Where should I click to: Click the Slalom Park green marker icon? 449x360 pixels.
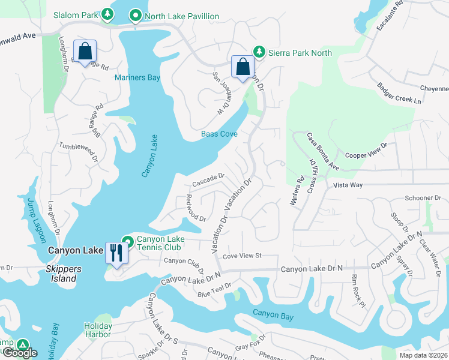pyautogui.click(x=107, y=14)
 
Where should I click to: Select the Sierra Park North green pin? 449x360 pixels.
pyautogui.click(x=259, y=52)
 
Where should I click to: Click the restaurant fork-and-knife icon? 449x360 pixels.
pyautogui.click(x=116, y=253)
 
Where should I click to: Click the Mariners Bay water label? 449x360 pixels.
pyautogui.click(x=137, y=78)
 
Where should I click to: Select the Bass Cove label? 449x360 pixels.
pyautogui.click(x=219, y=134)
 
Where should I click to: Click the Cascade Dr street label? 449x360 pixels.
pyautogui.click(x=208, y=179)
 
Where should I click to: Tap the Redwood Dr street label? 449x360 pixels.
pyautogui.click(x=195, y=208)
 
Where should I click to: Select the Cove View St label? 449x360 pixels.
pyautogui.click(x=243, y=256)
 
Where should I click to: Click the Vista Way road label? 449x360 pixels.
pyautogui.click(x=348, y=185)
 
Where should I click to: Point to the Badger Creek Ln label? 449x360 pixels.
pyautogui.click(x=396, y=94)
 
